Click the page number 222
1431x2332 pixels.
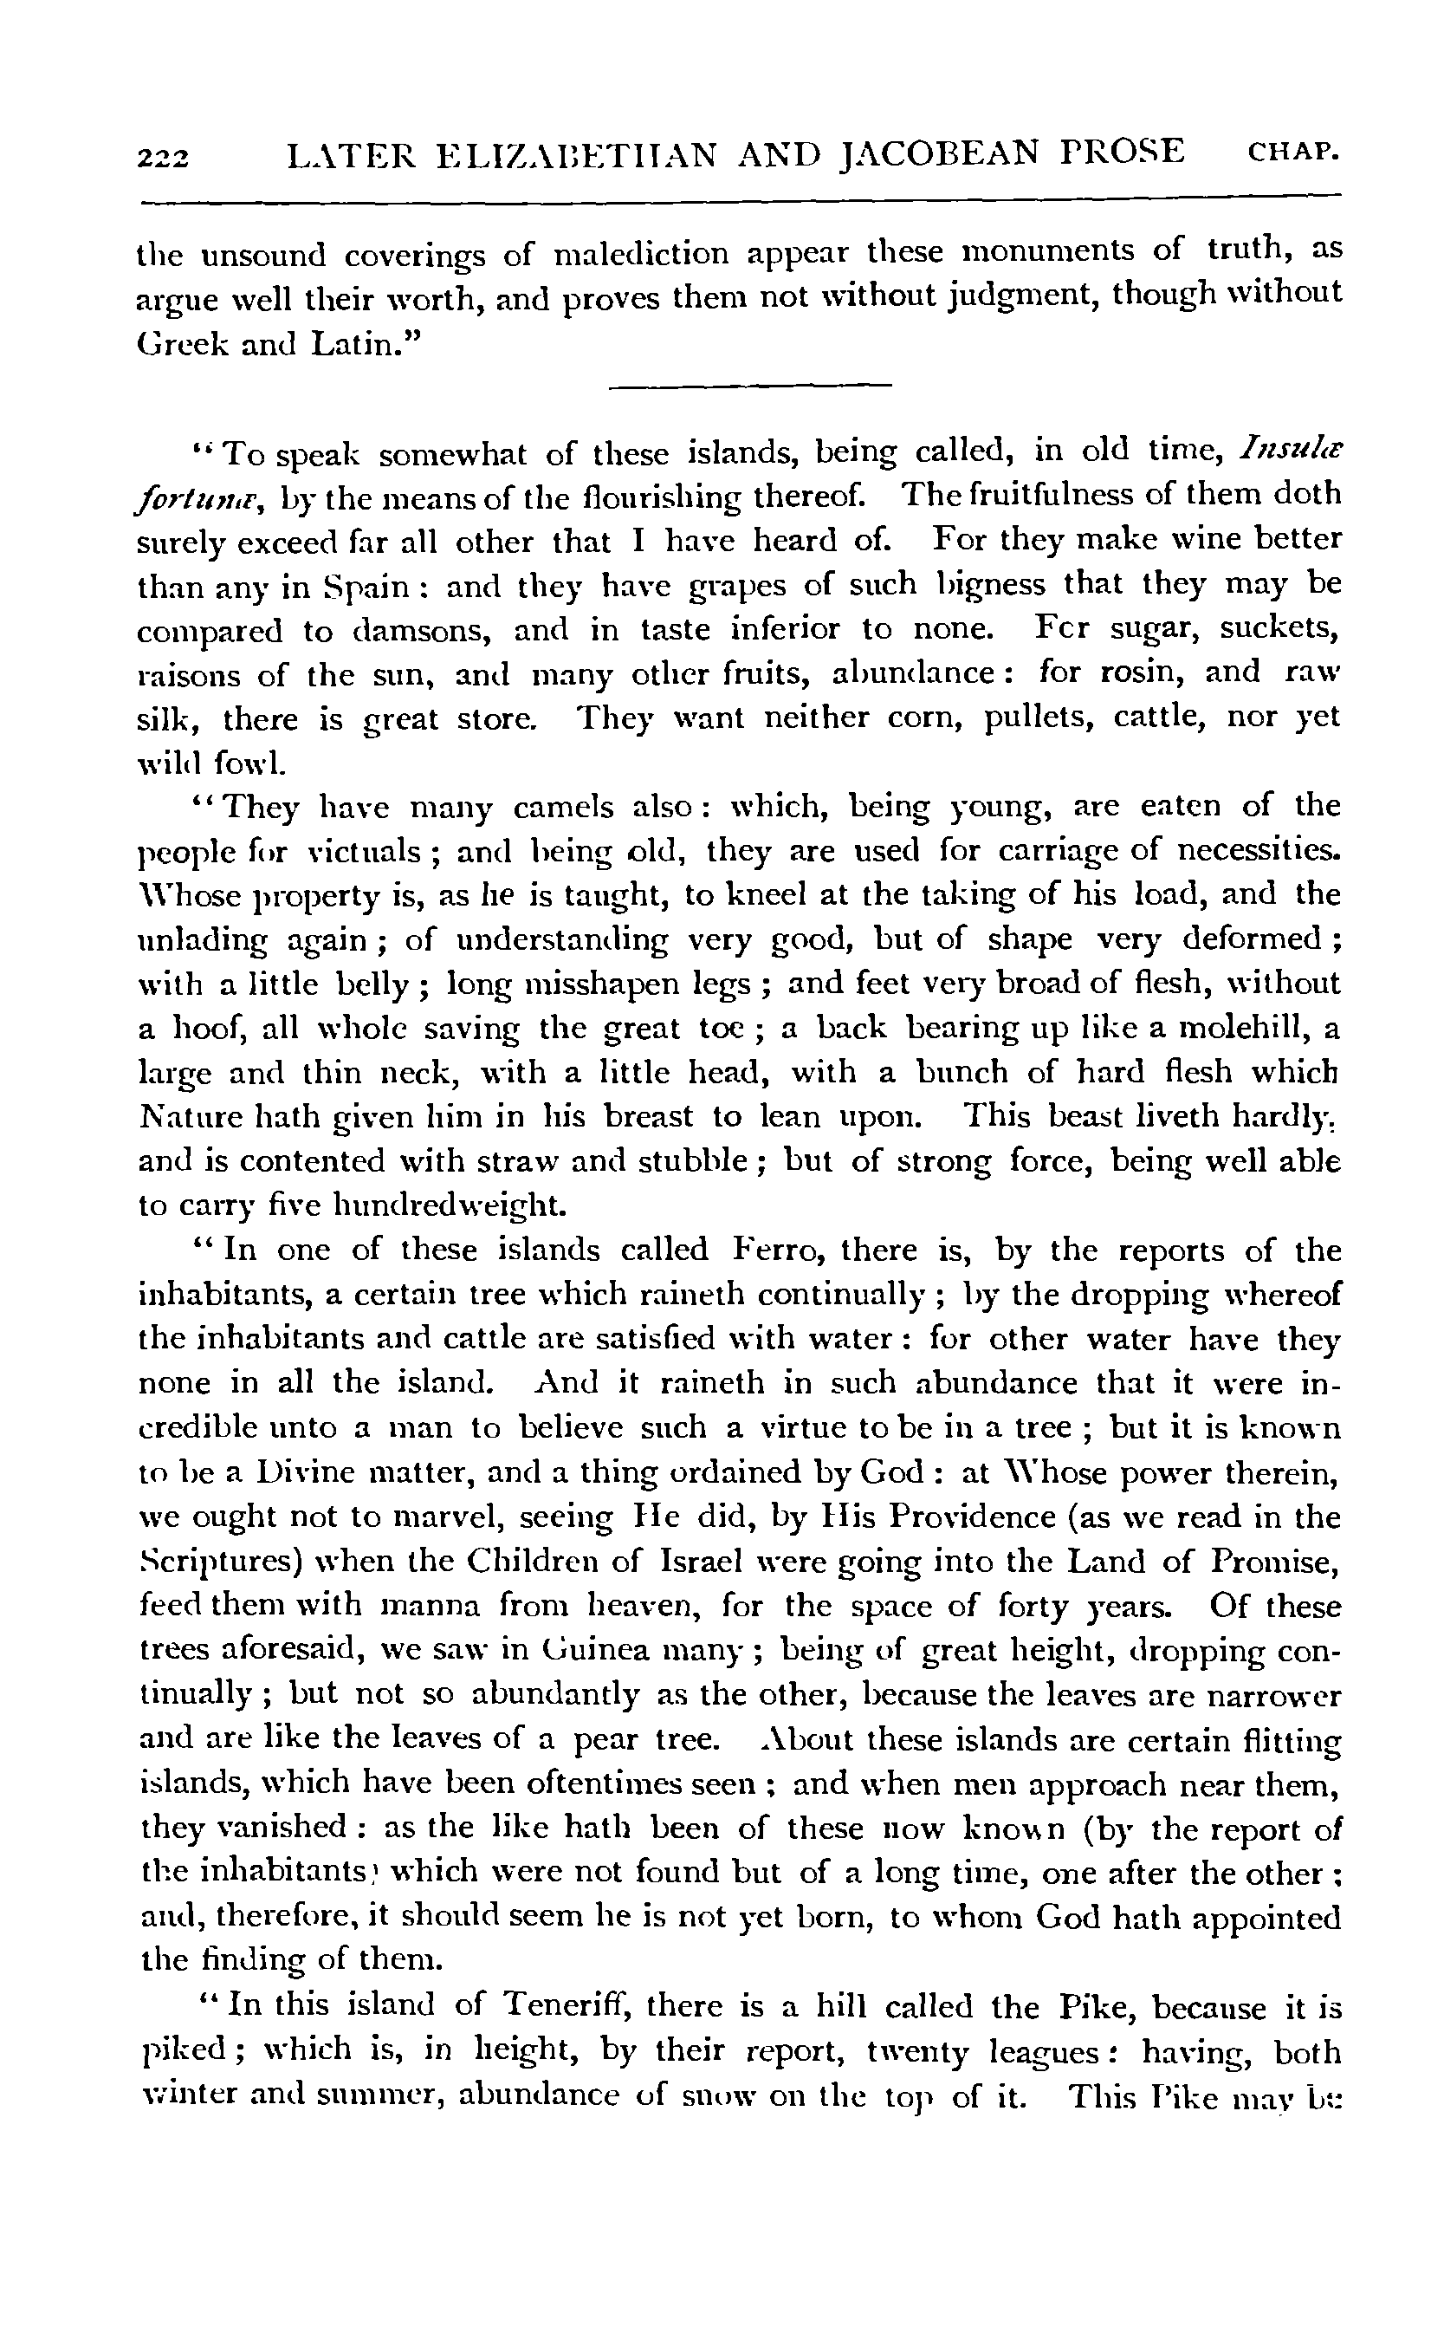pos(164,155)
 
